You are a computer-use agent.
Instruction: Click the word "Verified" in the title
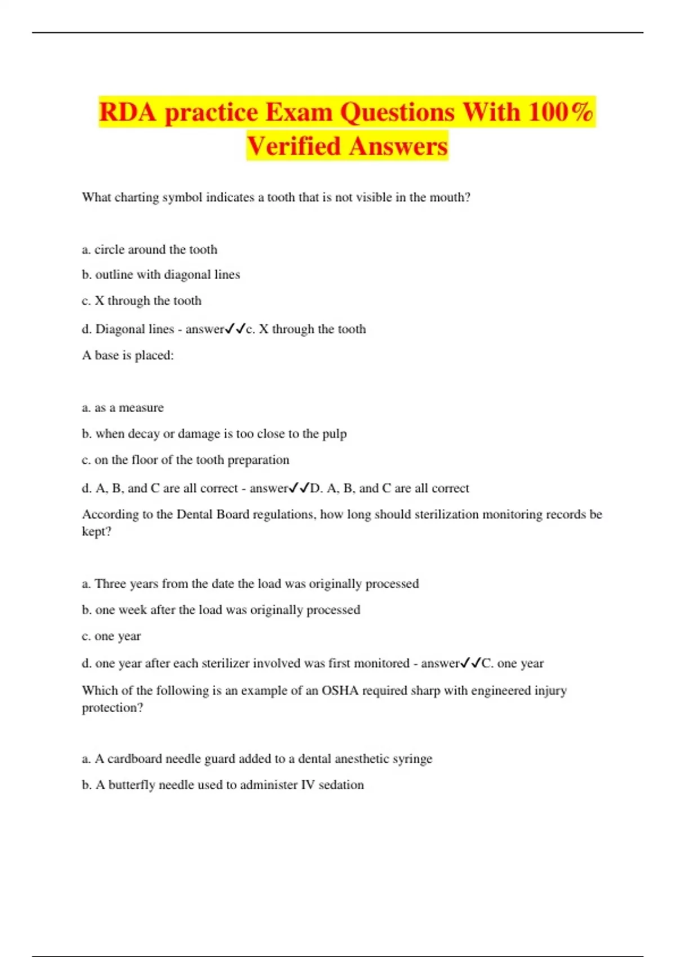point(293,146)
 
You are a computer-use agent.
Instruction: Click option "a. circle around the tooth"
point(149,249)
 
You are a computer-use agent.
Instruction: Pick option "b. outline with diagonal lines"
point(161,275)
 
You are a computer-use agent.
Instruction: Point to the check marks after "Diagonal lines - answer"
point(235,329)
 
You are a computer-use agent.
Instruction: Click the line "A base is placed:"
point(128,355)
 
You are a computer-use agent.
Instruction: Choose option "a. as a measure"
point(123,408)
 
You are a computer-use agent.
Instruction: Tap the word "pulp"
point(334,434)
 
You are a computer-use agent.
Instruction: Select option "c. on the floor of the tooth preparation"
point(185,460)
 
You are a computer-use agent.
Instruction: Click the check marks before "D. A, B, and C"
point(299,488)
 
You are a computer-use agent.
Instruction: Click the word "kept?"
point(96,532)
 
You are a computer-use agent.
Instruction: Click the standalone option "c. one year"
point(111,636)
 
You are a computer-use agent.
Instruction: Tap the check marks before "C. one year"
point(470,663)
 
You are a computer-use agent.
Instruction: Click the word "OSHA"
point(340,691)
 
